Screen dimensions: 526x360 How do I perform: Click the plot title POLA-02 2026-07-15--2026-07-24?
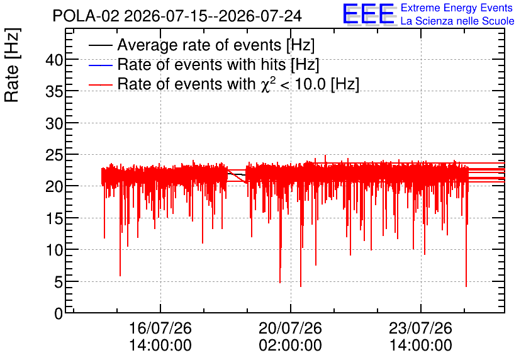177,16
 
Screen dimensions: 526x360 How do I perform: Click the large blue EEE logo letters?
369,14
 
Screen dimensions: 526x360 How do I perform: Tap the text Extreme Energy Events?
457,8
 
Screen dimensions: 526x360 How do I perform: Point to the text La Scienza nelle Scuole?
457,21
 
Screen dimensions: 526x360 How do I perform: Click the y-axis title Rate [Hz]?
12,65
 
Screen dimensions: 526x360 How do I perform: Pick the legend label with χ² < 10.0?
238,84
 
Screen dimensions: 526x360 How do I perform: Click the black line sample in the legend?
101,45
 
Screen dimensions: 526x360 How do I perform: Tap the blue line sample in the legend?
101,65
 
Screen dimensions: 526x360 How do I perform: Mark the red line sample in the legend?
101,84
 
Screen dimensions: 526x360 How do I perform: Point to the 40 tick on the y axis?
54,60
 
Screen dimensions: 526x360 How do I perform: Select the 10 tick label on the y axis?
54,250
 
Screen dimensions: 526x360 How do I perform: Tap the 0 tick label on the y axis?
59,313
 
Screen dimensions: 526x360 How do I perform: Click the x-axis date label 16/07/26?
160,328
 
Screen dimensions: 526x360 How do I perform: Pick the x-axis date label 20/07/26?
290,328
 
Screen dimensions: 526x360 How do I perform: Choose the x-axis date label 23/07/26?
421,328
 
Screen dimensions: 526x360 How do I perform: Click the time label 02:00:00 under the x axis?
290,345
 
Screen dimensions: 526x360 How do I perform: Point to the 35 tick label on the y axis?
54,92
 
